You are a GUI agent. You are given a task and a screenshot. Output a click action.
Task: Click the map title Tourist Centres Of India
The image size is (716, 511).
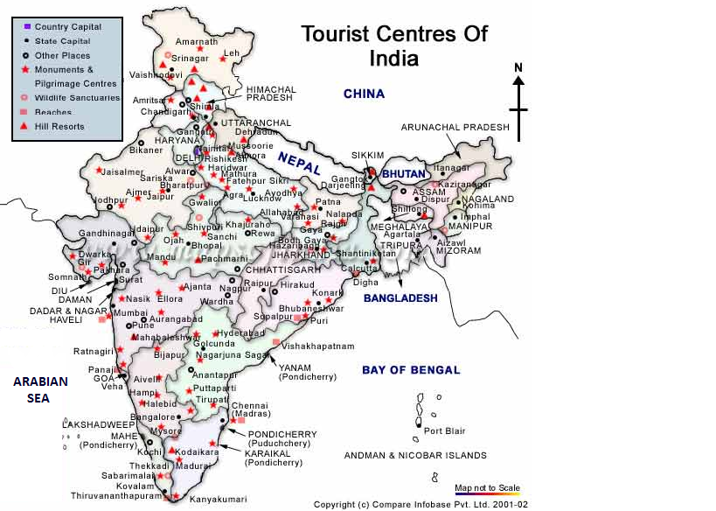coord(394,46)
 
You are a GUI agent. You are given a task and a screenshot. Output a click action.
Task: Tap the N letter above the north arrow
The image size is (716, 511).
coord(518,67)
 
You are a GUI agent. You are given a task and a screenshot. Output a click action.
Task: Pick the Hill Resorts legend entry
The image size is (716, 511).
coord(59,127)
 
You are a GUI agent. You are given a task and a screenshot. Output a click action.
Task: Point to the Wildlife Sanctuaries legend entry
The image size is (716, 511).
coord(77,98)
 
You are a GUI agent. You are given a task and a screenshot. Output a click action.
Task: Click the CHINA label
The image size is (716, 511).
coord(364,94)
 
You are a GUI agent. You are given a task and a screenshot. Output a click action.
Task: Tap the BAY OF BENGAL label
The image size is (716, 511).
coord(411,370)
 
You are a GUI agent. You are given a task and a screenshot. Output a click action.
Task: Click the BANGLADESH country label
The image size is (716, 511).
coord(400,298)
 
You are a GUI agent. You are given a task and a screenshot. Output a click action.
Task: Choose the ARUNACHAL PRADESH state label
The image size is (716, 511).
coord(455,127)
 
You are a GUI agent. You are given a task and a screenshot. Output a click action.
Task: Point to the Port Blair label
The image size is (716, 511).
coord(445,430)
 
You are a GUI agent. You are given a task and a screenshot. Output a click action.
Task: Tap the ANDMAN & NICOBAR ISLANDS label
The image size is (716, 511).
coord(415,455)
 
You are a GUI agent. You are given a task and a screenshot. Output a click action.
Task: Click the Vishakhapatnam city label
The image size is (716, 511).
coord(317,346)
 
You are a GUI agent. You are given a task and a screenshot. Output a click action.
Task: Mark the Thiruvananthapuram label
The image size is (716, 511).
coord(117,495)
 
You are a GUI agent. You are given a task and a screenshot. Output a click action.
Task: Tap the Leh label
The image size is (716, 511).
coord(232,53)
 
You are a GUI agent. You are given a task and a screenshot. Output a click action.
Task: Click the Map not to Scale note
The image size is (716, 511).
coord(487,487)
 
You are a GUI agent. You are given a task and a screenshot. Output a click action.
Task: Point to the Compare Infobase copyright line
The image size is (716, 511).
coord(421,504)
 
